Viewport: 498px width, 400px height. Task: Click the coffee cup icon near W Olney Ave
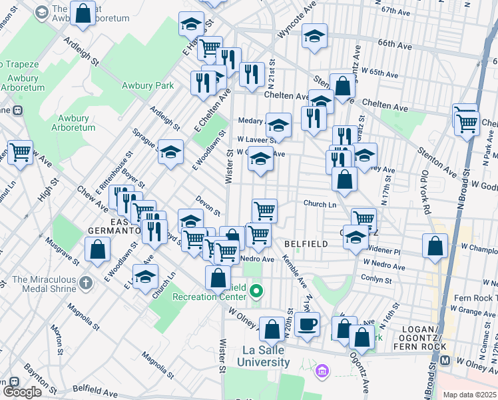[307, 325]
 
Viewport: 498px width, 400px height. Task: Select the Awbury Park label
[148, 85]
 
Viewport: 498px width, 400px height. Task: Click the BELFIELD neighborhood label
[306, 244]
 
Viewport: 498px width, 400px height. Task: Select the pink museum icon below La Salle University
[322, 370]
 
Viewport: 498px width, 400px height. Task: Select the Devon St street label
[208, 205]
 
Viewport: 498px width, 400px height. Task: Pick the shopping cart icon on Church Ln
[265, 211]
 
